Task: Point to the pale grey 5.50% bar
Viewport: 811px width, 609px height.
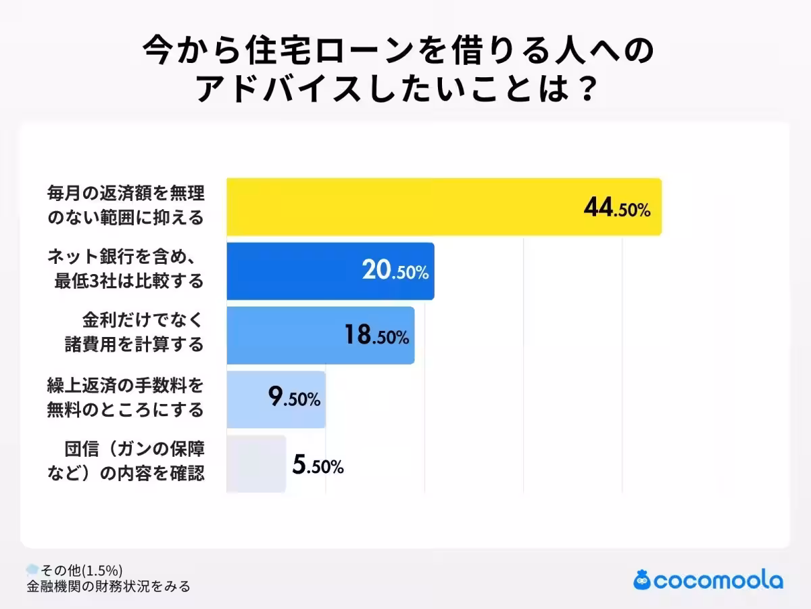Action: [x=255, y=464]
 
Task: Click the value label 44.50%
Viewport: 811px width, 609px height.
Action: [x=616, y=209]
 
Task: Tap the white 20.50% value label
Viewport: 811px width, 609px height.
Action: [x=395, y=272]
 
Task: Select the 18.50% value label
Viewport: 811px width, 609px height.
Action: [x=376, y=336]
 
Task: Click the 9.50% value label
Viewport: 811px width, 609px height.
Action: [x=294, y=399]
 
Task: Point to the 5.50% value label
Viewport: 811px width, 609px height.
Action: [x=318, y=465]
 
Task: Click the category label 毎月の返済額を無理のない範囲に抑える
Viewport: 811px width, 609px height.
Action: [x=125, y=207]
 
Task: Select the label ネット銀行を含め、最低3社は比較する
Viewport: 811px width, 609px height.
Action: [x=125, y=271]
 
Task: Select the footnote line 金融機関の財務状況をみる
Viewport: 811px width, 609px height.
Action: [x=108, y=586]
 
